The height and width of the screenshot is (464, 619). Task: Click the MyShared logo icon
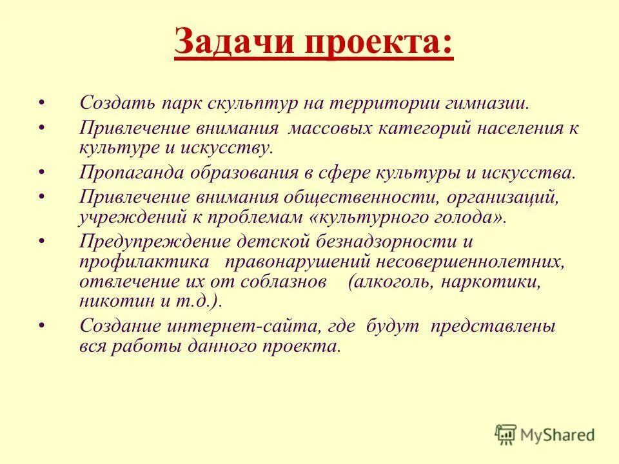point(506,434)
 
